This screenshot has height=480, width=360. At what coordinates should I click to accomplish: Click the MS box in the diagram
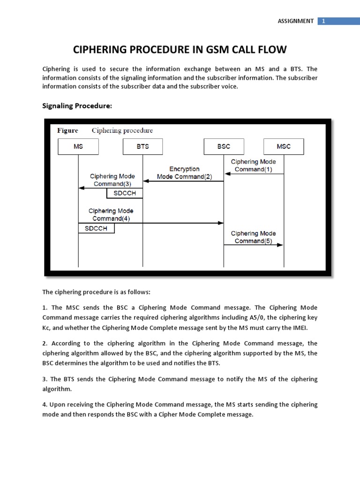coord(78,146)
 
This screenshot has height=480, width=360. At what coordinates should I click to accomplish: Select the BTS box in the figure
coord(142,146)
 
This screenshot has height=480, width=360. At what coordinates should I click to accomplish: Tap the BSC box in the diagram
coord(224,146)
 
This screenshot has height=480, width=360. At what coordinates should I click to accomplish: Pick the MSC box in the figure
coord(284,146)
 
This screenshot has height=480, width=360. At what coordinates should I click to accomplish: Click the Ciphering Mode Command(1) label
coord(254,165)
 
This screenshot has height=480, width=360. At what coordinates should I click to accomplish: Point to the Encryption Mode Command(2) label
coord(184,173)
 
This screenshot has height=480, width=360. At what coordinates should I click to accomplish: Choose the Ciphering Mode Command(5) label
coord(254,237)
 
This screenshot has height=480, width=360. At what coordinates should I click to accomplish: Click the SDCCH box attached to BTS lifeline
coord(125,193)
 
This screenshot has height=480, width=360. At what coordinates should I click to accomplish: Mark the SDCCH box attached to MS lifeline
coord(96,228)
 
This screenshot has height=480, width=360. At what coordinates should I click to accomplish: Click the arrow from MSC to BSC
coord(254,174)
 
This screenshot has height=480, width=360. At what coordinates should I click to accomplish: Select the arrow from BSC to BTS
coord(183,181)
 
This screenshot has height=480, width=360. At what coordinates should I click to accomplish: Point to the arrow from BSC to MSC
coord(254,245)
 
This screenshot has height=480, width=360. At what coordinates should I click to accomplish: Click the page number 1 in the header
coord(323,21)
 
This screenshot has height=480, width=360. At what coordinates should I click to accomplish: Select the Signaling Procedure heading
coord(77,105)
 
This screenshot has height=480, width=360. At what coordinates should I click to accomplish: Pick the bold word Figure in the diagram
coord(67,130)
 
